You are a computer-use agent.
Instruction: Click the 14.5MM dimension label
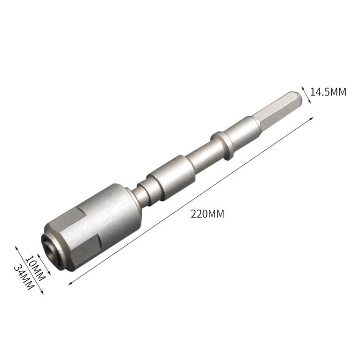pyautogui.click(x=328, y=92)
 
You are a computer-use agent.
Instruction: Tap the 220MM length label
pyautogui.click(x=207, y=214)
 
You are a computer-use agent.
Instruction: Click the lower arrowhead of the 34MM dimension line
pyautogui.click(x=42, y=293)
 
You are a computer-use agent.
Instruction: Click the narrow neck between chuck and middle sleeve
pyautogui.click(x=142, y=192)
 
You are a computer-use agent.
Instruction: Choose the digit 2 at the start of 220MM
pyautogui.click(x=193, y=214)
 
